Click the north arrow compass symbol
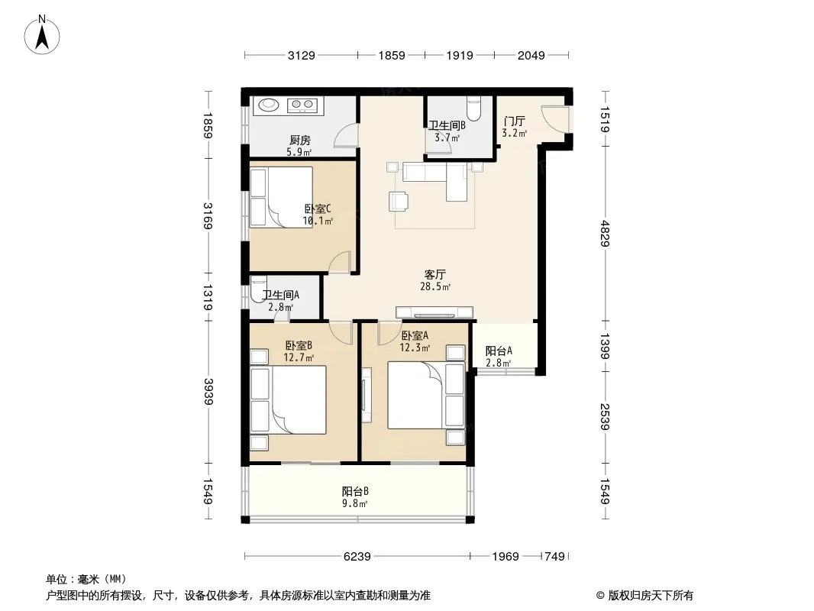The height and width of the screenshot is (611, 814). (42, 35)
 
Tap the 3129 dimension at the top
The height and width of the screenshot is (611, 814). (302, 55)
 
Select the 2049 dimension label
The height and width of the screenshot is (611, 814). (531, 55)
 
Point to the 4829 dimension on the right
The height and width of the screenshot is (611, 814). (605, 233)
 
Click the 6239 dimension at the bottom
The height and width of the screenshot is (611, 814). (357, 557)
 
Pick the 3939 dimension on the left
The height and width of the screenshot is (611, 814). (208, 392)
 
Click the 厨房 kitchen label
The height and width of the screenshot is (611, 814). (300, 141)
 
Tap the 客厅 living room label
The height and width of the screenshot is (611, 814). (435, 274)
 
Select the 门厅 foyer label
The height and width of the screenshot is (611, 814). (514, 121)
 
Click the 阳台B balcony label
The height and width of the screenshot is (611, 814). (356, 491)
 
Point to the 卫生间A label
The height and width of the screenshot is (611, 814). (281, 296)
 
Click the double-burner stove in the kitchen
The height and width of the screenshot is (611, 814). (302, 105)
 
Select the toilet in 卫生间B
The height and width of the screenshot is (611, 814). (474, 108)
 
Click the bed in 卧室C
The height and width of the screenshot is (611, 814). (281, 197)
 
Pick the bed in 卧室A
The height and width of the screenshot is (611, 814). (425, 395)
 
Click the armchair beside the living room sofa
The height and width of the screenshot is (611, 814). (398, 202)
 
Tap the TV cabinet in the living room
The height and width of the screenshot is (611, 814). (434, 312)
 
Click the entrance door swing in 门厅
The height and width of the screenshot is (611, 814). (554, 119)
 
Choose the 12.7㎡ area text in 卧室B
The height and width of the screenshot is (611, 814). (299, 357)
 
